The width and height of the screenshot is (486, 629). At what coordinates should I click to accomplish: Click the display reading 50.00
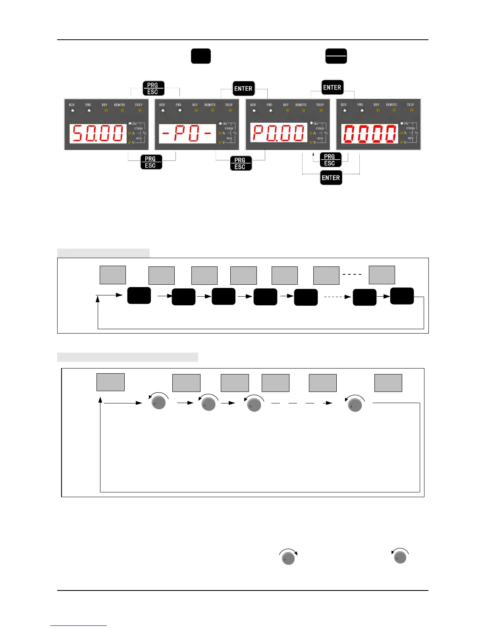click(98, 133)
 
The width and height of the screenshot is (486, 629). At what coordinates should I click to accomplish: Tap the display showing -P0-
click(187, 134)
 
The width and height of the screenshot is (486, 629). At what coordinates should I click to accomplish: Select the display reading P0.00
click(279, 133)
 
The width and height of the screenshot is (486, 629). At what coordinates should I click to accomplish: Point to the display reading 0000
click(370, 133)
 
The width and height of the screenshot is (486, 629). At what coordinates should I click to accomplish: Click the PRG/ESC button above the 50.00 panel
click(153, 89)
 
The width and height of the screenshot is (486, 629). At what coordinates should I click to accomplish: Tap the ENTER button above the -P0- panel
click(243, 89)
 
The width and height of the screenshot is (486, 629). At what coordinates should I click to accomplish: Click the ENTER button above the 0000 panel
click(332, 87)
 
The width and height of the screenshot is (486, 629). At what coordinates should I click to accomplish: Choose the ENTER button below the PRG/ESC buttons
click(331, 178)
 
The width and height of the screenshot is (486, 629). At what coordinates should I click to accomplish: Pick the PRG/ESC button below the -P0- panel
click(241, 163)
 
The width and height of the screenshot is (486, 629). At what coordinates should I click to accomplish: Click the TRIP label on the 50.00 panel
click(138, 105)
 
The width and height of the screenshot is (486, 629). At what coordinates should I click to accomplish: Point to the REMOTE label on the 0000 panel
click(391, 105)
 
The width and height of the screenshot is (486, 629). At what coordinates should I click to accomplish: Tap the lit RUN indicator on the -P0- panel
click(162, 110)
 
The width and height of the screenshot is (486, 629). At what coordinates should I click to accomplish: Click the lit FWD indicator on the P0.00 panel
click(270, 110)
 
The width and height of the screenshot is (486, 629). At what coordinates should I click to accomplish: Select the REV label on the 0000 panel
click(376, 105)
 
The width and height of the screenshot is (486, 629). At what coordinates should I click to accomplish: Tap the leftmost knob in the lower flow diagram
click(159, 402)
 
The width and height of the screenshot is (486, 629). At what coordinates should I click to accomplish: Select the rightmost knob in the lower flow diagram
click(355, 404)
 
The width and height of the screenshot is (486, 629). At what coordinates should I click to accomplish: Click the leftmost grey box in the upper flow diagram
click(113, 275)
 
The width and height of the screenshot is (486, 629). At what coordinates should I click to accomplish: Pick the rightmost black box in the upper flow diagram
click(402, 296)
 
